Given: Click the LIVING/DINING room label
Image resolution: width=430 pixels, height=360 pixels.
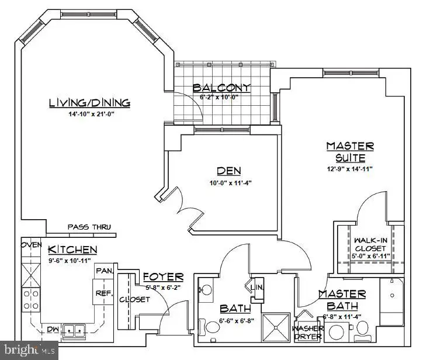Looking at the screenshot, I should click(x=89, y=103).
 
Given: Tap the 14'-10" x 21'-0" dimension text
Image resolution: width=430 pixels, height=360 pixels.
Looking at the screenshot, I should click(x=89, y=115).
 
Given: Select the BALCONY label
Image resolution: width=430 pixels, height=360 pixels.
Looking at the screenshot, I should click(x=222, y=88).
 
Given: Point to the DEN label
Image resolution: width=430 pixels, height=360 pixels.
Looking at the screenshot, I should click(x=230, y=171).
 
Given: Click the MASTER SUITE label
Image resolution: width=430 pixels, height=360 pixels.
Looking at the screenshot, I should click(x=350, y=151).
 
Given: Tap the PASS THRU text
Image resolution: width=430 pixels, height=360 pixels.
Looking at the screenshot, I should click(x=89, y=227).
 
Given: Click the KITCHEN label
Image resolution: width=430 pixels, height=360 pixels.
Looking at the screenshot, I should click(x=72, y=250).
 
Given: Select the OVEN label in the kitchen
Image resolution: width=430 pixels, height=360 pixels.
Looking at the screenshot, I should click(x=32, y=245).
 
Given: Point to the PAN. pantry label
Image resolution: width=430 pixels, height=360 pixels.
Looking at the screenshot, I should click(x=103, y=270).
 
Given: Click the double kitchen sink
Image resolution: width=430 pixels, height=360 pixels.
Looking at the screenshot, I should click(x=74, y=331).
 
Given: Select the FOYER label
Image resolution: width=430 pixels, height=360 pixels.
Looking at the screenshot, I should click(x=163, y=276).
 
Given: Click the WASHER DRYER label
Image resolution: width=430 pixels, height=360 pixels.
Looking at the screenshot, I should click(x=307, y=332).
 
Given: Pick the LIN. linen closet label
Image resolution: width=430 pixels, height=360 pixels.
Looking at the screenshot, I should click(x=258, y=288).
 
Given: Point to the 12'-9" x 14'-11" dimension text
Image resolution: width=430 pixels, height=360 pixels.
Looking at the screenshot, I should click(x=349, y=169).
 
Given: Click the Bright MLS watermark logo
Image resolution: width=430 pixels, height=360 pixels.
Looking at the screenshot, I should click(x=29, y=351).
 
